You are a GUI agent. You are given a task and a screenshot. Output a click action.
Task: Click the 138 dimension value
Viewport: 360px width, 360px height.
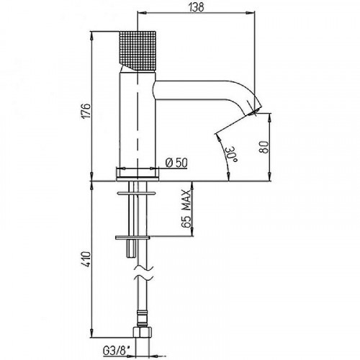click(x=196, y=6)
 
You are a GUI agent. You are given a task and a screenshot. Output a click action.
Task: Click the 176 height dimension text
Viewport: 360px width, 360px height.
click(x=86, y=111)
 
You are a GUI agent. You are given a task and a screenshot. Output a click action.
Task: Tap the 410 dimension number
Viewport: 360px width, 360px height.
click(x=86, y=259)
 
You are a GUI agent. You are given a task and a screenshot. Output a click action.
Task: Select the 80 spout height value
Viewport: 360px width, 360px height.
click(x=264, y=147)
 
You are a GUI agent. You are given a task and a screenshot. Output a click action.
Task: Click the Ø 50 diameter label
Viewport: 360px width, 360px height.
click(x=176, y=163)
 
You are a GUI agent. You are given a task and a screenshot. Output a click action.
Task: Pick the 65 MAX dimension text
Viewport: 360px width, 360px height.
click(x=186, y=209)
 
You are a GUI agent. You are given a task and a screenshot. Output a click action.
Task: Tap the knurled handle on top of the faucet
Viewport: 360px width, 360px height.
click(x=138, y=51)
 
